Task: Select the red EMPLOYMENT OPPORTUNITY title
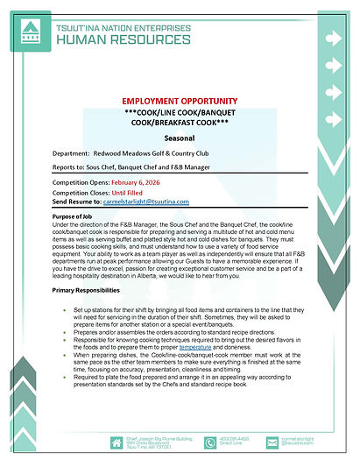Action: tap(180, 103)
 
